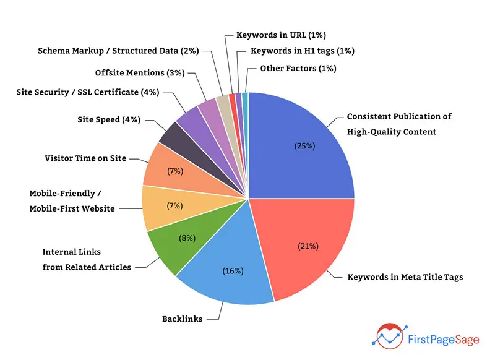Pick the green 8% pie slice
(176, 244)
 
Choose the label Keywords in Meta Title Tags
(405, 277)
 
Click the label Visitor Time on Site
(85, 158)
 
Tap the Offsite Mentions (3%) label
(140, 73)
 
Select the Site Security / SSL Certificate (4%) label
(88, 93)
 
